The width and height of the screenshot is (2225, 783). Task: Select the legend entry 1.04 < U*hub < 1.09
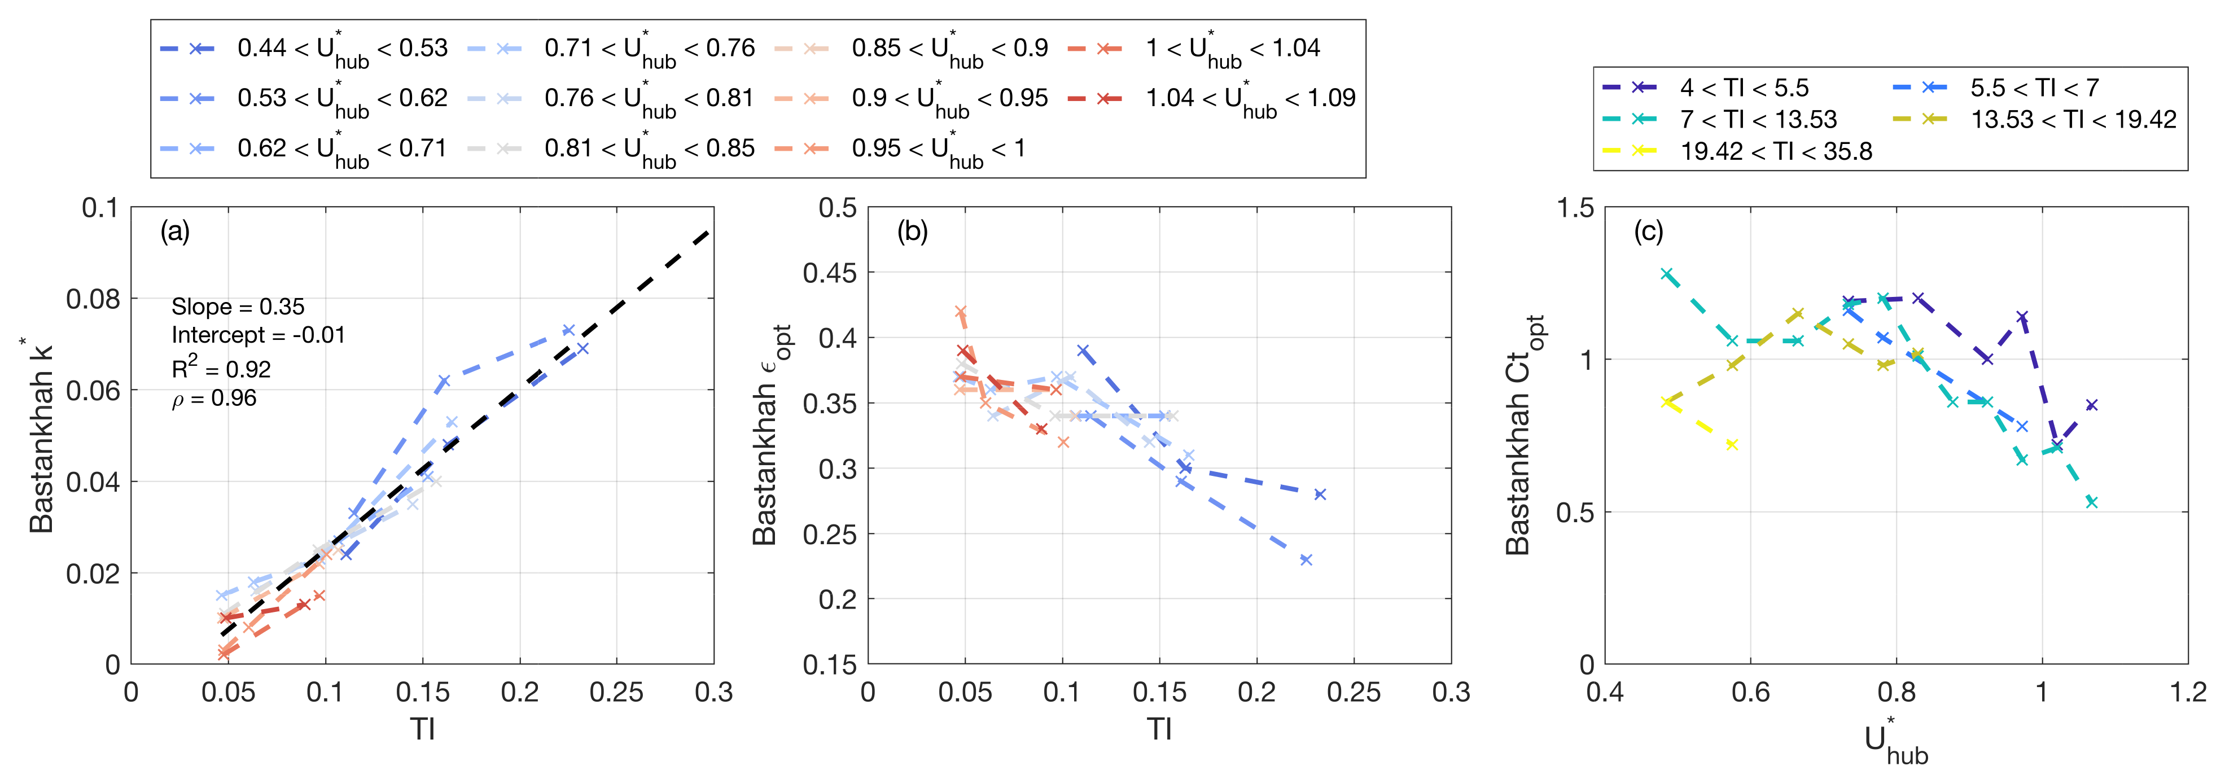[x=1250, y=99]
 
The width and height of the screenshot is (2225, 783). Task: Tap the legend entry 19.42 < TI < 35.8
[x=1775, y=151]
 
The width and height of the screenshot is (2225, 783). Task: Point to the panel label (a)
[x=174, y=231]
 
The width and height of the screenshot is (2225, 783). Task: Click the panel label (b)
[x=912, y=231]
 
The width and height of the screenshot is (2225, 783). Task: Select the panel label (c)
[x=1648, y=231]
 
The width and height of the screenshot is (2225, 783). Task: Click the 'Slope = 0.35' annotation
[x=238, y=307]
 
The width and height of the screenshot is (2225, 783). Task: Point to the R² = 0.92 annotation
[x=221, y=369]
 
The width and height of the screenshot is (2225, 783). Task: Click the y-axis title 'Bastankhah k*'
[x=41, y=436]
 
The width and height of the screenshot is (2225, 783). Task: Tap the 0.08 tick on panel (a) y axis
[x=93, y=299]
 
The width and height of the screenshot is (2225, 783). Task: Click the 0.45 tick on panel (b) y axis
[x=829, y=273]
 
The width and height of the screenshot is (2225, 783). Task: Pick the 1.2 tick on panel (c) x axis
[x=2187, y=692]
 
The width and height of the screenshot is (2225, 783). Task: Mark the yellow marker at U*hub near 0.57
[x=1732, y=445]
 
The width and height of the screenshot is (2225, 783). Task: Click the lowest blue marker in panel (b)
[x=1306, y=560]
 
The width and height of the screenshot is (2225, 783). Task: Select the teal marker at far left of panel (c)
[x=1667, y=274]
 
